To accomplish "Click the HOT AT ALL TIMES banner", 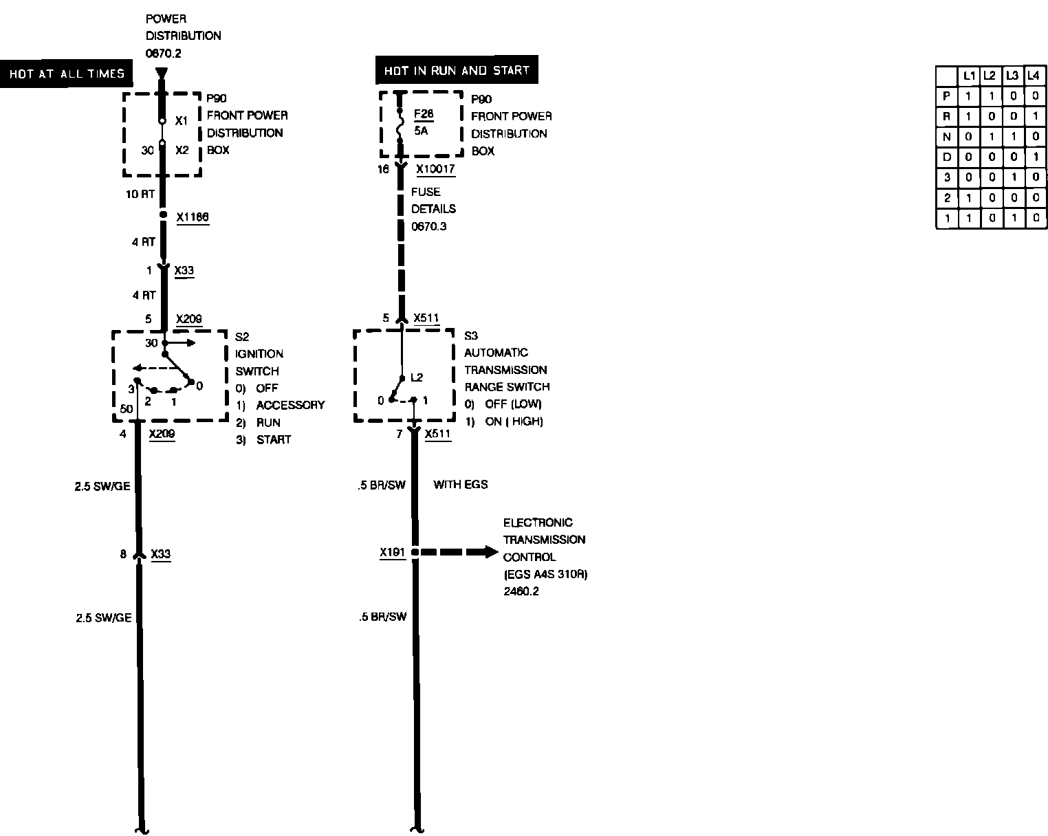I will (67, 74).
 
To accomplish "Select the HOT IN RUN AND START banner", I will (457, 71).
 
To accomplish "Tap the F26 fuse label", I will (424, 115).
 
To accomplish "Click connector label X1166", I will (193, 218).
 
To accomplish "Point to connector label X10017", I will (435, 168).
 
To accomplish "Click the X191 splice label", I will (392, 552).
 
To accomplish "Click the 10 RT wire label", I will (140, 195).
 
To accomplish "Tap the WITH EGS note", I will (460, 485).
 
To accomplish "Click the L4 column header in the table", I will (1034, 75).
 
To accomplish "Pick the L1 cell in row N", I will (968, 137).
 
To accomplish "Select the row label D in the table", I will (947, 157).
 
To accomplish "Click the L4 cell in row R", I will (1035, 117).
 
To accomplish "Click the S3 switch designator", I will (471, 336).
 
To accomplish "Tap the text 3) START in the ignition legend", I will (263, 440).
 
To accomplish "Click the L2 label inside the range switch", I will (417, 377).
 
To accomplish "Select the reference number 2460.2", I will (521, 591).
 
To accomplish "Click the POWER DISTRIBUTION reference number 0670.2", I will (163, 52).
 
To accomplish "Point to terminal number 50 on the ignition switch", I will (126, 409).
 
